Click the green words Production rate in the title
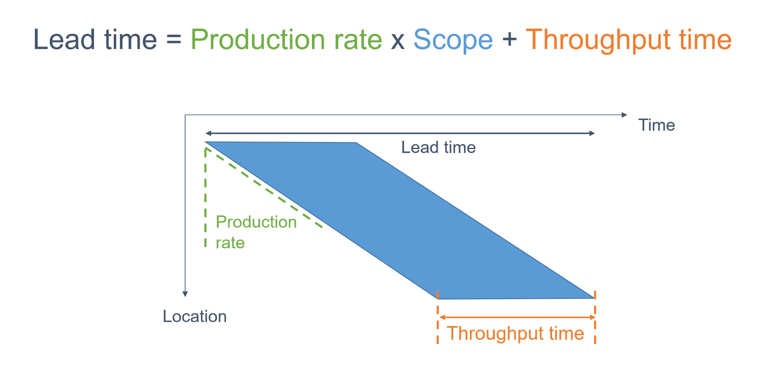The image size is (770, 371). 286,40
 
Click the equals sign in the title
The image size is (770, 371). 174,40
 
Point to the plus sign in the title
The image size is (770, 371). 509,40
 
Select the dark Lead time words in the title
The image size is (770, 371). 95,39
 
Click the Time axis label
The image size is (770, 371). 656,125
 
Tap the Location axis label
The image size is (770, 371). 195,316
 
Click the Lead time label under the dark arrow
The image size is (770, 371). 438,147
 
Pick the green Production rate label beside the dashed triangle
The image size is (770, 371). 256,232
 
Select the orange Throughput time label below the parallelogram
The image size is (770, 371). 515,333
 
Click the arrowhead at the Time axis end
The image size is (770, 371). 625,115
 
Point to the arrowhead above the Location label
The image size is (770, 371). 185,294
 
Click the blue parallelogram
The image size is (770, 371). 399,220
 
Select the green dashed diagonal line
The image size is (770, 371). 264,187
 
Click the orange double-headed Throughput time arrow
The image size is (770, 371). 517,318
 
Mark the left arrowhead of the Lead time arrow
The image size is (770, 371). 208,133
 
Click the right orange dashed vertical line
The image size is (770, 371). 595,318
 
